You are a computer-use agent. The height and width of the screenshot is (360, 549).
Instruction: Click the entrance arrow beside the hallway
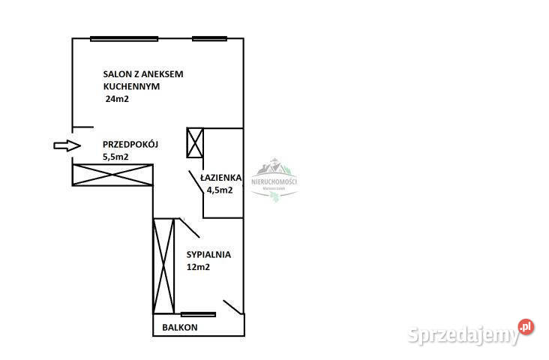[66, 145]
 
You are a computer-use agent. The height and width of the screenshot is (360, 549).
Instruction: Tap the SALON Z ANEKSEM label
[143, 74]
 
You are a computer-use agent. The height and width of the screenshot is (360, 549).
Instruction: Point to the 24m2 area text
[117, 98]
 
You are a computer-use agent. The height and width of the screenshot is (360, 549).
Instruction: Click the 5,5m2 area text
[115, 157]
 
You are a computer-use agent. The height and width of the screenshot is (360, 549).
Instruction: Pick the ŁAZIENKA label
[220, 178]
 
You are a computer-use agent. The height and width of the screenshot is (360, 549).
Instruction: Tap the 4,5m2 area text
[220, 190]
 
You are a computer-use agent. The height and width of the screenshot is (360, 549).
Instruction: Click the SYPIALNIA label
[208, 254]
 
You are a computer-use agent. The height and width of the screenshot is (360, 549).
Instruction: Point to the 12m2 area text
[198, 267]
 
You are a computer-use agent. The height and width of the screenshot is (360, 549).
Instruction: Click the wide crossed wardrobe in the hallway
[112, 175]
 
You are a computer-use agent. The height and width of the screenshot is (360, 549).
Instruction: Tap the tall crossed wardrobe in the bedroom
[163, 265]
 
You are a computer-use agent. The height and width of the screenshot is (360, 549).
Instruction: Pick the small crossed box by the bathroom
[195, 142]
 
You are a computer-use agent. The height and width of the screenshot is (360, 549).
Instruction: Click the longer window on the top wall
[124, 38]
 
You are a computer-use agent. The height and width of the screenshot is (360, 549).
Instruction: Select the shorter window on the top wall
[209, 38]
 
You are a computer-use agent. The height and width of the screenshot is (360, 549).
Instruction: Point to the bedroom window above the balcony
[199, 314]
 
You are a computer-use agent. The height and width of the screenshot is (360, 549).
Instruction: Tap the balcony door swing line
[232, 307]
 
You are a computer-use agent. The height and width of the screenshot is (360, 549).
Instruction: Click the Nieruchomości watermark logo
[274, 180]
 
